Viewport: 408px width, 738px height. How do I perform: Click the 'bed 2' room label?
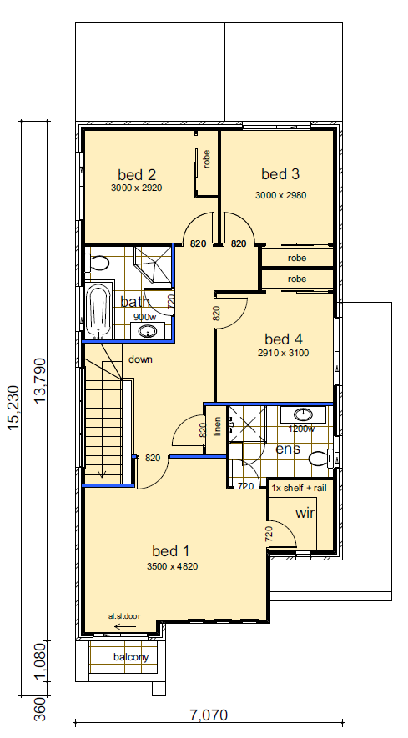coord(136,175)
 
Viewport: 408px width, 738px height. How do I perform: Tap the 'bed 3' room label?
coord(280,174)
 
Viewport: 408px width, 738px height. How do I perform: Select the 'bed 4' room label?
coord(283,339)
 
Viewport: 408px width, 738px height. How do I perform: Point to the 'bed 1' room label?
coord(171,550)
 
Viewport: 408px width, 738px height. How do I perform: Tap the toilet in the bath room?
coord(99,263)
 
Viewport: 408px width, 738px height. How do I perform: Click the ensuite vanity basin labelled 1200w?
coord(302,414)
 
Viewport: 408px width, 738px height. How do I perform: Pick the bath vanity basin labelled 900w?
coord(149,331)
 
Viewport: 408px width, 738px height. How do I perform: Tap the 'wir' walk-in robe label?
coord(305,513)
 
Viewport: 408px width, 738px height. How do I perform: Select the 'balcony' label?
coord(131,657)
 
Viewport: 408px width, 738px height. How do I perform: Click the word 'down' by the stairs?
coord(139,359)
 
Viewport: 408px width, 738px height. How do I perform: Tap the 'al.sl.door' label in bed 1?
coord(123,616)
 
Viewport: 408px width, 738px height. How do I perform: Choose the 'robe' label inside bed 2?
coord(206,158)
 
